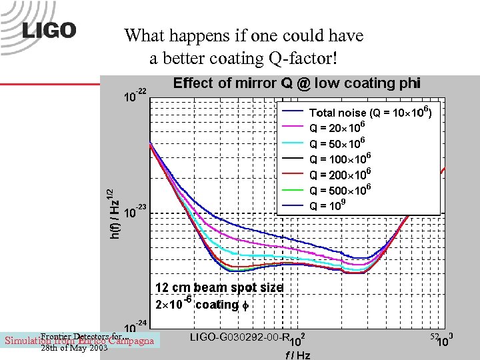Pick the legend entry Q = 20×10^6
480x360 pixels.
[337, 128]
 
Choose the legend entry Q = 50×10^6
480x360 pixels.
[337, 144]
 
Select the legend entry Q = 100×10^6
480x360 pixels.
[339, 159]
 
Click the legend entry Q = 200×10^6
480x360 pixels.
[339, 175]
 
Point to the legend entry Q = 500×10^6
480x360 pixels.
[339, 191]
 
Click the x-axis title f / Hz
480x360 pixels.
[297, 355]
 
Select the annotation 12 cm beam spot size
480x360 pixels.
[219, 288]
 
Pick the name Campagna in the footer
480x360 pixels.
[131, 341]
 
